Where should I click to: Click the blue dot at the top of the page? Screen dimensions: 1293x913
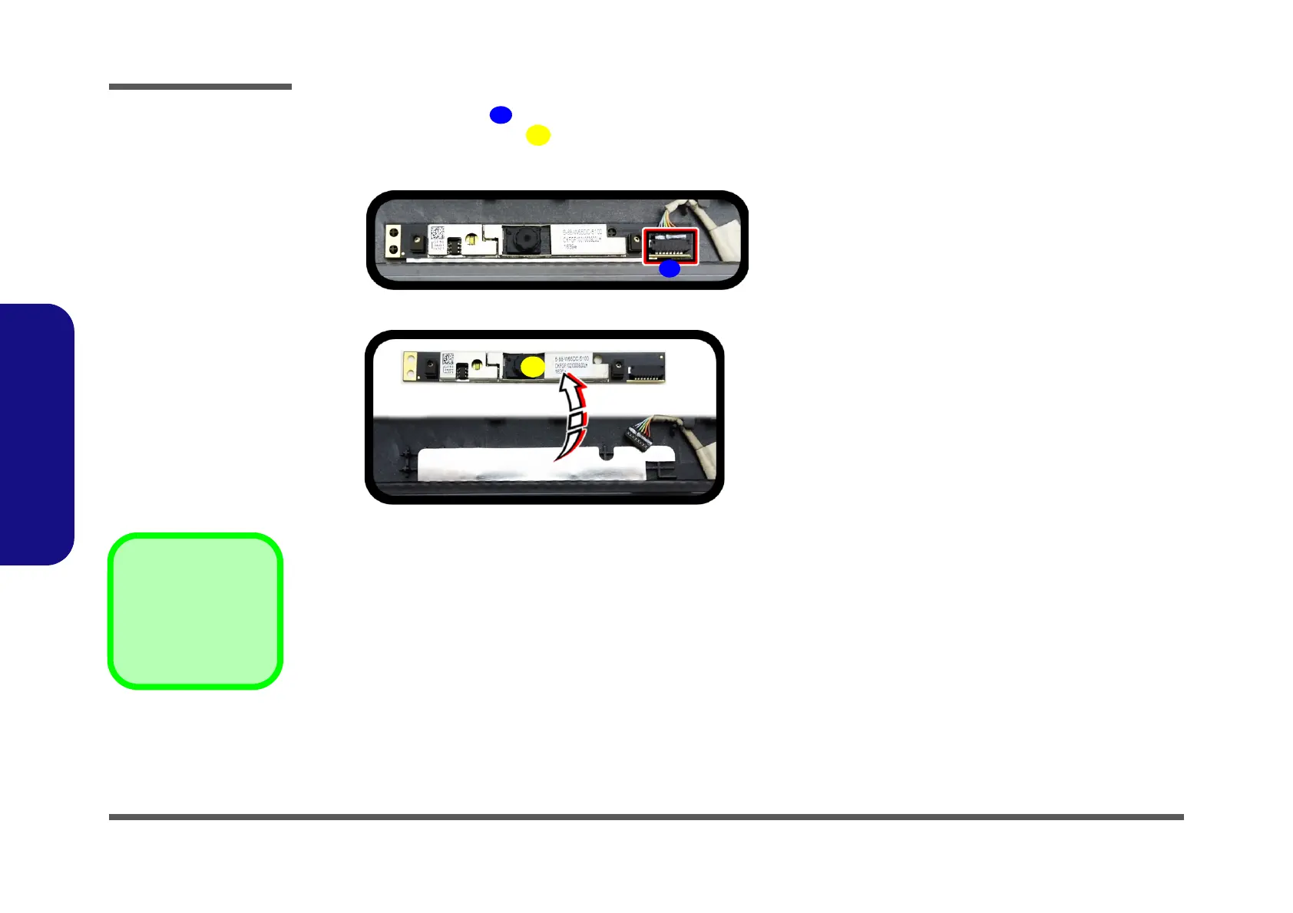click(x=501, y=115)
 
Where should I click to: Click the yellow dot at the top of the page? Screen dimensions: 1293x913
click(x=537, y=135)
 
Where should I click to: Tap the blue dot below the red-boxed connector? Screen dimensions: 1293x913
click(x=670, y=269)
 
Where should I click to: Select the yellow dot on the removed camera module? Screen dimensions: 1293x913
click(x=532, y=368)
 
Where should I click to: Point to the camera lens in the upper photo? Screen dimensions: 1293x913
click(x=525, y=240)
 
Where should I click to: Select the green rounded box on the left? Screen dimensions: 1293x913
click(x=195, y=611)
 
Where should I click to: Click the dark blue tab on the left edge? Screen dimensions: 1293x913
click(x=36, y=434)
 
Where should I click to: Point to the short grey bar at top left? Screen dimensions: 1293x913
click(x=200, y=87)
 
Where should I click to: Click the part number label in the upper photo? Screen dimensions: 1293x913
click(x=584, y=238)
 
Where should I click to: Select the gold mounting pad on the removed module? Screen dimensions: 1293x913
click(x=410, y=367)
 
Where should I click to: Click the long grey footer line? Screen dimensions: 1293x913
click(x=646, y=817)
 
